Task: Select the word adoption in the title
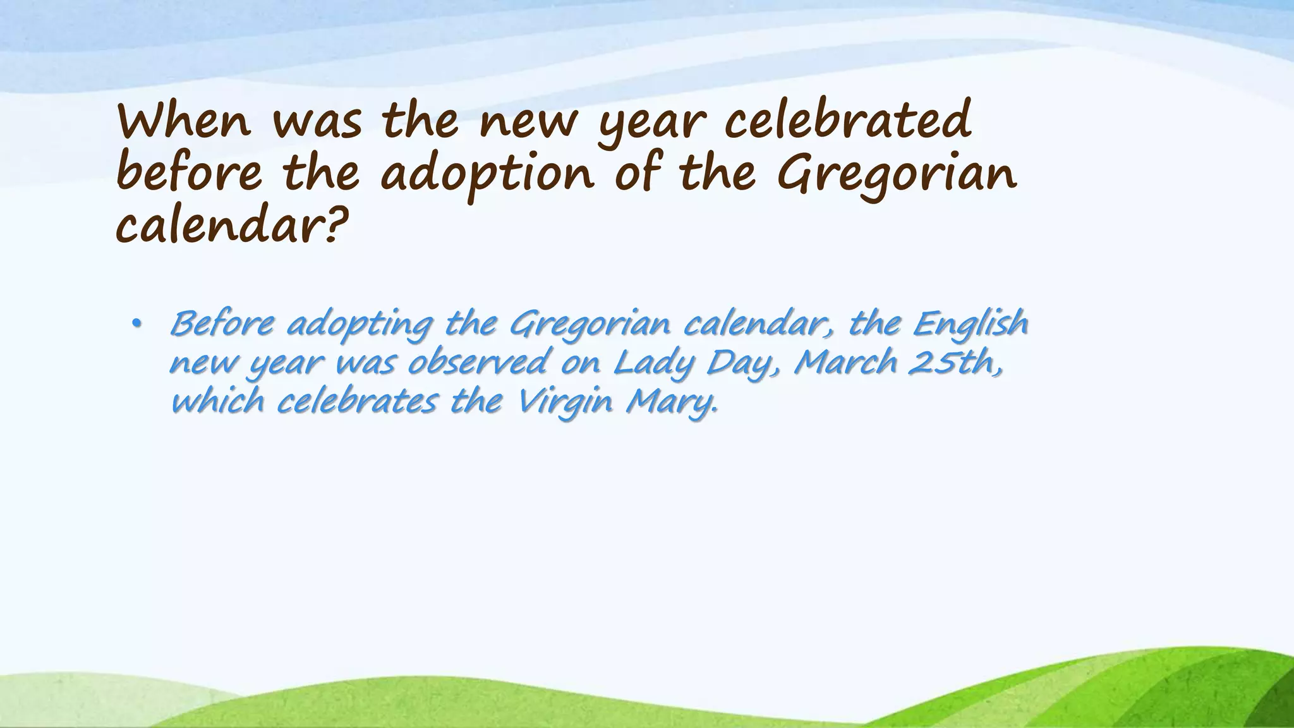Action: point(487,174)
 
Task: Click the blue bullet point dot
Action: point(136,325)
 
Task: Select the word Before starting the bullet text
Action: point(222,324)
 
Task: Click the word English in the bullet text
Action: point(970,325)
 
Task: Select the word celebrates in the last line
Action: point(357,401)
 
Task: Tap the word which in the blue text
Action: point(217,401)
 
